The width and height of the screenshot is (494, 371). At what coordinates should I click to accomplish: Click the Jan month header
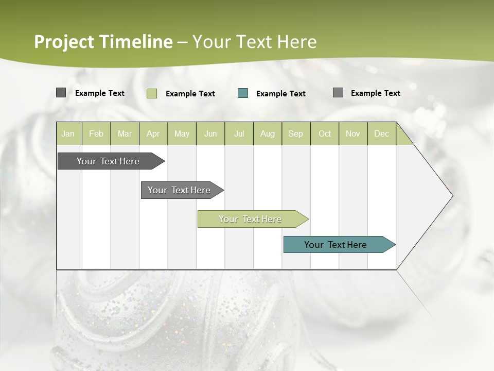tap(68, 133)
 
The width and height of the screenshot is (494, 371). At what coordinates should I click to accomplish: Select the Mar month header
tap(125, 133)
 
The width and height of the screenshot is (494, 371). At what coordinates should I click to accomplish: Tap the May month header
tap(182, 133)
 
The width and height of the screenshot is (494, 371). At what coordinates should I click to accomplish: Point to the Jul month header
tap(239, 133)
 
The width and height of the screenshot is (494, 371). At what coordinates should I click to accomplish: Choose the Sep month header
tap(295, 133)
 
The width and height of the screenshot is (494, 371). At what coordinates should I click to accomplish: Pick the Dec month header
tap(381, 133)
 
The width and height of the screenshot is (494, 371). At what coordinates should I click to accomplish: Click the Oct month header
tap(325, 133)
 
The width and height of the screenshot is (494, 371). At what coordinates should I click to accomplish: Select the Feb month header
tap(96, 133)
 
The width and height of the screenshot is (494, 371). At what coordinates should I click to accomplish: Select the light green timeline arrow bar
tap(251, 219)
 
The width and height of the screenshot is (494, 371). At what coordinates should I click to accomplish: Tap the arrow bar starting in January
tap(109, 161)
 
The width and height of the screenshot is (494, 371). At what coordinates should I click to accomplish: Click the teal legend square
tap(243, 93)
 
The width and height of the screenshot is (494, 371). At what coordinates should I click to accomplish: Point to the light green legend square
tap(152, 93)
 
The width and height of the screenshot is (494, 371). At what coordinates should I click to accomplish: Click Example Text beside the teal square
tap(280, 94)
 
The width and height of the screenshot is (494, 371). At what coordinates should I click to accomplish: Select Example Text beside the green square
tap(190, 94)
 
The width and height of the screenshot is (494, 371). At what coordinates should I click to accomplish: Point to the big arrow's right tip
tap(452, 196)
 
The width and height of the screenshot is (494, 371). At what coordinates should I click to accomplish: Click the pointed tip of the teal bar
tap(394, 245)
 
